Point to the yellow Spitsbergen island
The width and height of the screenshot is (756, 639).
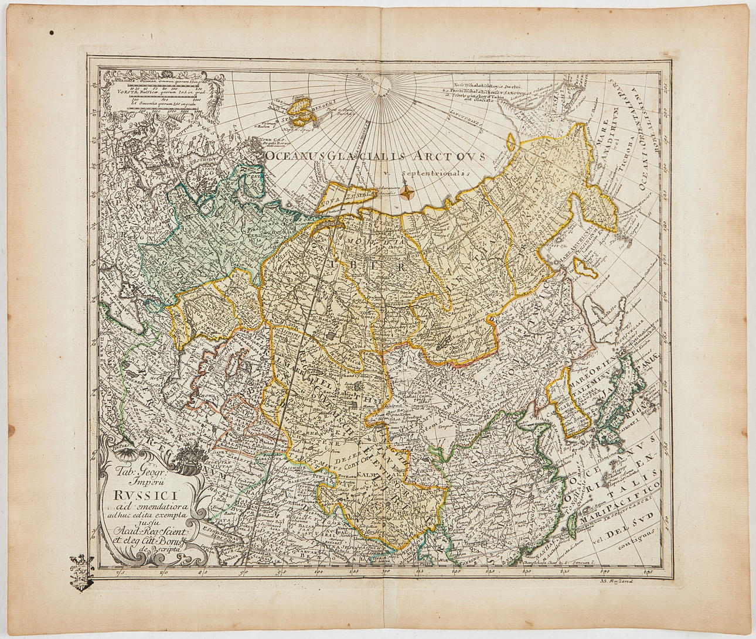coord(305,108)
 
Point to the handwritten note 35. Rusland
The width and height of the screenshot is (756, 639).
coord(622,580)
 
